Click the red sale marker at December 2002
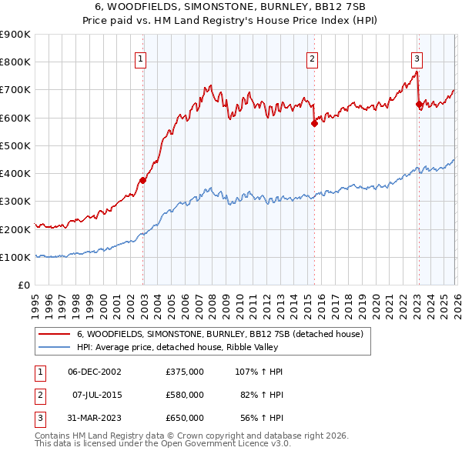[143, 181]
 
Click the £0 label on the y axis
[23, 285]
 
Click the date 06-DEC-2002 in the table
[95, 372]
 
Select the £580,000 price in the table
[184, 395]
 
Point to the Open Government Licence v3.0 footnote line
[162, 444]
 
